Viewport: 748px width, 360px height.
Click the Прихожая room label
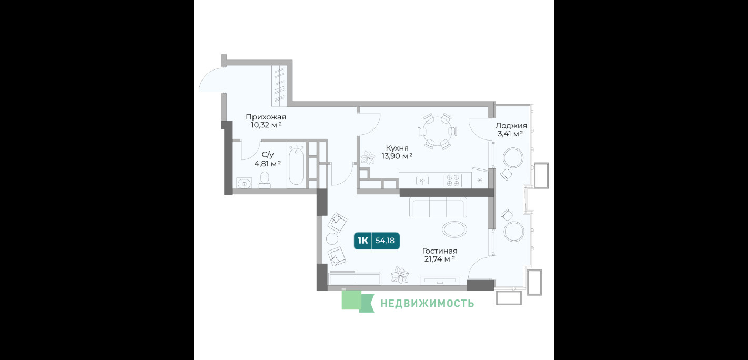(266, 117)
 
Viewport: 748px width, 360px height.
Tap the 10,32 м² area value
(266, 125)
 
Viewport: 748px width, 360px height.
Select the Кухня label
(397, 148)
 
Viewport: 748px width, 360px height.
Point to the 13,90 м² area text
(397, 156)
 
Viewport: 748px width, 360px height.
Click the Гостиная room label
(440, 251)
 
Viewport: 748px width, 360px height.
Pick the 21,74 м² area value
(440, 259)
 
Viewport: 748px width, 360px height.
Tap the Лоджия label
(511, 126)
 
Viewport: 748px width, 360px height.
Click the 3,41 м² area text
(510, 134)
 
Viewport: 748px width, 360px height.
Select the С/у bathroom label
(267, 154)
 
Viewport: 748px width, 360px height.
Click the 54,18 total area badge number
(385, 241)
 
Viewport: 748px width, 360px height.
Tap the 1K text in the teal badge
(362, 241)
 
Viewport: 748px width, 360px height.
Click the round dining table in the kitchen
(437, 132)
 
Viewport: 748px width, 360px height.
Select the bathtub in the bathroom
(296, 165)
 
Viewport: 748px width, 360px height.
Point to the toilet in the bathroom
(265, 181)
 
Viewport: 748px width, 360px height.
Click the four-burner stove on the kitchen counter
(453, 181)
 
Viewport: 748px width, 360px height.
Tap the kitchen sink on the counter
(422, 181)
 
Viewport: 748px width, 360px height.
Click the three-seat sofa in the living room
(438, 207)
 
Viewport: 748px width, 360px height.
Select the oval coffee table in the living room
(454, 229)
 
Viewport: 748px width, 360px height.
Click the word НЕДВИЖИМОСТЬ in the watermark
(427, 303)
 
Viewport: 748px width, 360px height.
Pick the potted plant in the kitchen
(368, 158)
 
